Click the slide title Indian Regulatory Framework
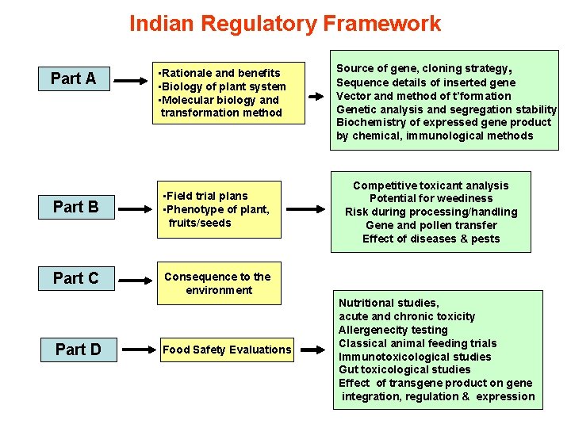click(x=285, y=24)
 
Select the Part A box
click(x=74, y=78)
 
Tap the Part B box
click(x=76, y=207)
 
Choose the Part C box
click(x=76, y=278)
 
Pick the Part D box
click(x=78, y=349)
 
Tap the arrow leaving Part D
click(x=135, y=349)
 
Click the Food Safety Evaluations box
click(x=227, y=350)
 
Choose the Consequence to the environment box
click(x=218, y=283)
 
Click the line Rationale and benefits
click(x=220, y=73)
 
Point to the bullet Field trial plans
click(x=205, y=196)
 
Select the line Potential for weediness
click(x=431, y=198)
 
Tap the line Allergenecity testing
click(x=393, y=330)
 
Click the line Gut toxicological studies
click(x=404, y=369)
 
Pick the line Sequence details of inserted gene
click(x=426, y=82)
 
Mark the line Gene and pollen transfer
click(x=431, y=225)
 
